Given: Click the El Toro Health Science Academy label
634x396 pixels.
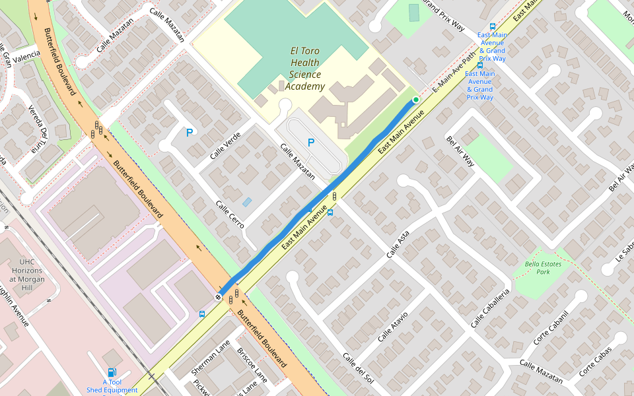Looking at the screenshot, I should point(303,69).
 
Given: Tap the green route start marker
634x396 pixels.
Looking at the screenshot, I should point(416,100).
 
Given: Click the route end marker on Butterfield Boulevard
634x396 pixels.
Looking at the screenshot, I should point(219,296).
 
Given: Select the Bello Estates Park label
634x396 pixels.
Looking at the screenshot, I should point(537,267).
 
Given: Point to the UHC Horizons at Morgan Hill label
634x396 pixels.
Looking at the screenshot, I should point(27,275).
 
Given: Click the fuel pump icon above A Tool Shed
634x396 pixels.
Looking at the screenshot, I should point(112,373).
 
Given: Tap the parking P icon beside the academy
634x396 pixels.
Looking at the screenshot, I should point(311,142).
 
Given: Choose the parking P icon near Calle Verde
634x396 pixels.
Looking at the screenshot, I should point(190,133).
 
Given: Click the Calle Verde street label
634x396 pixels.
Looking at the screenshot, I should point(225,146).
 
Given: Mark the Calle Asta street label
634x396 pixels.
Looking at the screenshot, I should point(398,244).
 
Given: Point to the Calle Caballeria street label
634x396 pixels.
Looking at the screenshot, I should point(491,308).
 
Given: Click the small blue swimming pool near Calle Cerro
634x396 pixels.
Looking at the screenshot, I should point(247,202).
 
